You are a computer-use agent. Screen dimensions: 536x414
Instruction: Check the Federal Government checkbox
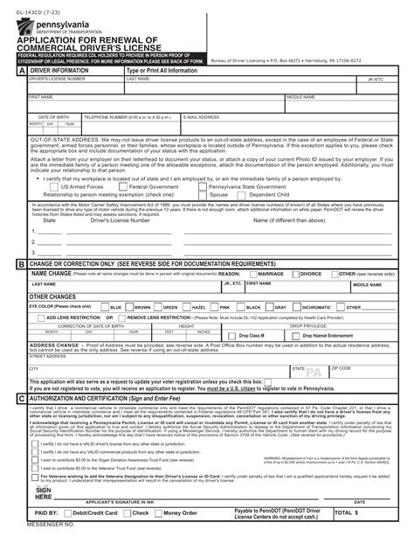pos(124,186)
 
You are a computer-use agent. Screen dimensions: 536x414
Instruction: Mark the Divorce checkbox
pos(295,274)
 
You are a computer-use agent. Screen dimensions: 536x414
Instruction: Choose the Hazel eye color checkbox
pos(187,308)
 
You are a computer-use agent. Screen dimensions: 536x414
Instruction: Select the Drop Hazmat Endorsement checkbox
pos(297,336)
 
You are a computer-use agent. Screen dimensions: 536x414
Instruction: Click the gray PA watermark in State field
pos(314,372)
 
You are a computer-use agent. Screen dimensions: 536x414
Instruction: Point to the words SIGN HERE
pos(45,493)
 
